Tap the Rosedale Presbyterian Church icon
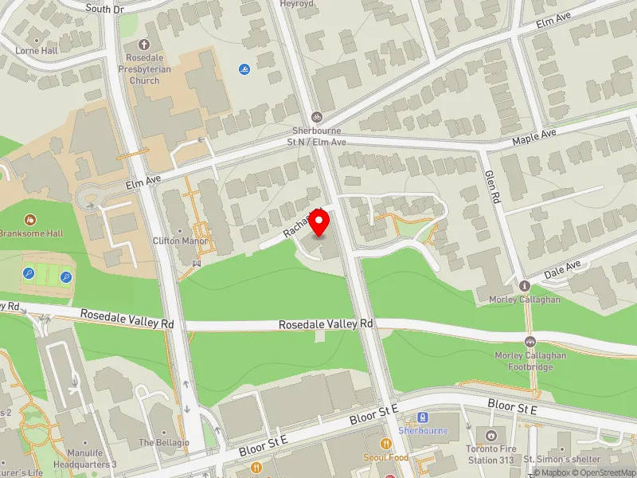coord(145,45)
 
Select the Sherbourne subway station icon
coord(424,417)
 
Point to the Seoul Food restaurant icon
coord(386,444)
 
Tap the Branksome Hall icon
coord(30,219)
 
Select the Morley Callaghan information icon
coord(525,286)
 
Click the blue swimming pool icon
coord(244,69)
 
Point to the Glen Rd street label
coord(494,185)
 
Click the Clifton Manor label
coord(180,241)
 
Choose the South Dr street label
coord(107,9)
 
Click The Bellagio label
coord(164,442)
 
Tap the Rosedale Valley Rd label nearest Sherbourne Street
coord(326,324)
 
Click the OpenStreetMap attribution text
coord(604,473)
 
